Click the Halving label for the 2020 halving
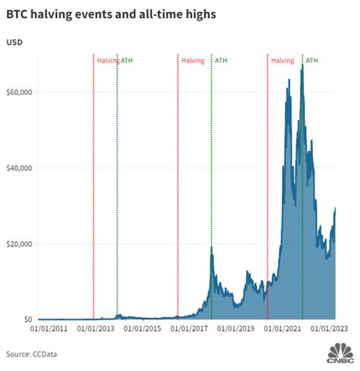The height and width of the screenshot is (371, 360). tap(283, 60)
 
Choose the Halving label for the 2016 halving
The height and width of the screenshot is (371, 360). tap(193, 60)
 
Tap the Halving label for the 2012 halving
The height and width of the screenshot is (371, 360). tap(106, 60)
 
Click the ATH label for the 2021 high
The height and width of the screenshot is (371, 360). tap(312, 60)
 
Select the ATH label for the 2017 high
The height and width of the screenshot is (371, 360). tap(222, 60)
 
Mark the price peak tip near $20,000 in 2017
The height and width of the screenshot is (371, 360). tap(211, 248)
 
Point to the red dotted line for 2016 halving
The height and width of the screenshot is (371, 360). tap(178, 190)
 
